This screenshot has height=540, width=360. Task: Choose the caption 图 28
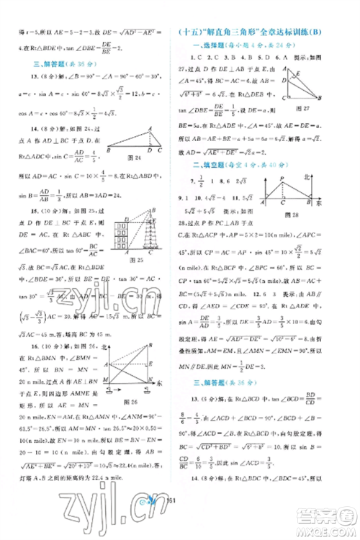point(311,234)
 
